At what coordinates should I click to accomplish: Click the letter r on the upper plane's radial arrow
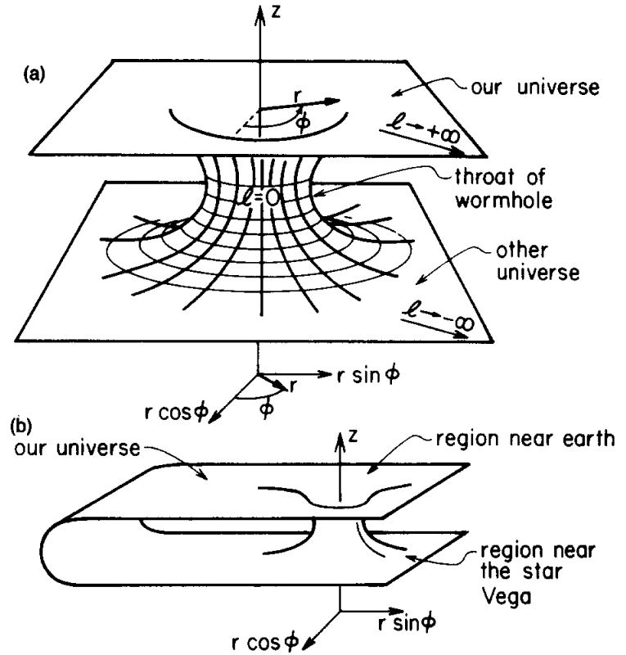point(299,96)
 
